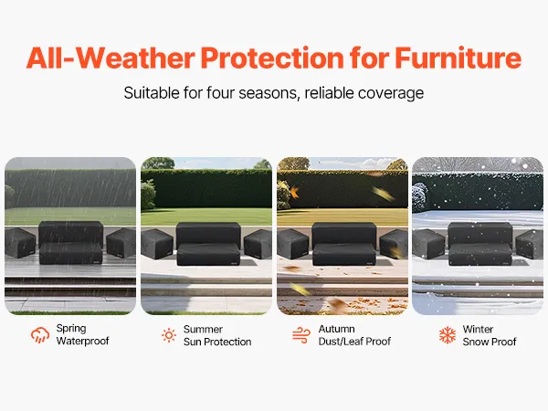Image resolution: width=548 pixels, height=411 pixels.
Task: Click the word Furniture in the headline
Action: click(x=458, y=58)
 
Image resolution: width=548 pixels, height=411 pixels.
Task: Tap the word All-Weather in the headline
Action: click(x=111, y=58)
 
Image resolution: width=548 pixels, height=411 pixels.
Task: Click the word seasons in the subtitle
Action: click(x=269, y=93)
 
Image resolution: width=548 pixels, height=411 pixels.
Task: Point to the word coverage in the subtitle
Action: click(x=391, y=94)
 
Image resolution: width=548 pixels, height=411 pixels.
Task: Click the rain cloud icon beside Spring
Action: click(x=40, y=335)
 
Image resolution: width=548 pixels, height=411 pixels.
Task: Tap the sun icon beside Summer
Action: click(x=169, y=335)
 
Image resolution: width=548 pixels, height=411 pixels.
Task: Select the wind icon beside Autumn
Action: click(x=301, y=335)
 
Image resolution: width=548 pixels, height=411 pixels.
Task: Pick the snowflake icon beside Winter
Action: click(x=448, y=335)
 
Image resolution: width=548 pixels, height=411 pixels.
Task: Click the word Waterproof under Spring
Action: click(x=82, y=341)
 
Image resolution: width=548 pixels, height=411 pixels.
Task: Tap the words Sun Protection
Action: click(x=217, y=342)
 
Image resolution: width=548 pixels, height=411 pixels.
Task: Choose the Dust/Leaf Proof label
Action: click(x=354, y=341)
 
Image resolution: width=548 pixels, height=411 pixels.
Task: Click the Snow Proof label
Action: click(x=490, y=342)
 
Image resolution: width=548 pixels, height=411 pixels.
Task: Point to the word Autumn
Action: click(x=336, y=329)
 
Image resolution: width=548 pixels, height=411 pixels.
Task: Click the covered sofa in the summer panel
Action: click(x=208, y=244)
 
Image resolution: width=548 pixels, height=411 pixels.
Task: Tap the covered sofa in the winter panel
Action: click(x=480, y=244)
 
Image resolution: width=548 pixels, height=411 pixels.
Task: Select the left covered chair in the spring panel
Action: click(x=20, y=243)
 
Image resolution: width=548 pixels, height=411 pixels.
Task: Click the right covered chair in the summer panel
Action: click(x=258, y=244)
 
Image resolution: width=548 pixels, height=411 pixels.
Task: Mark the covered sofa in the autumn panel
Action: click(x=344, y=244)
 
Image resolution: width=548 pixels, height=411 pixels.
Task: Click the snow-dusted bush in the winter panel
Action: click(x=420, y=197)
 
